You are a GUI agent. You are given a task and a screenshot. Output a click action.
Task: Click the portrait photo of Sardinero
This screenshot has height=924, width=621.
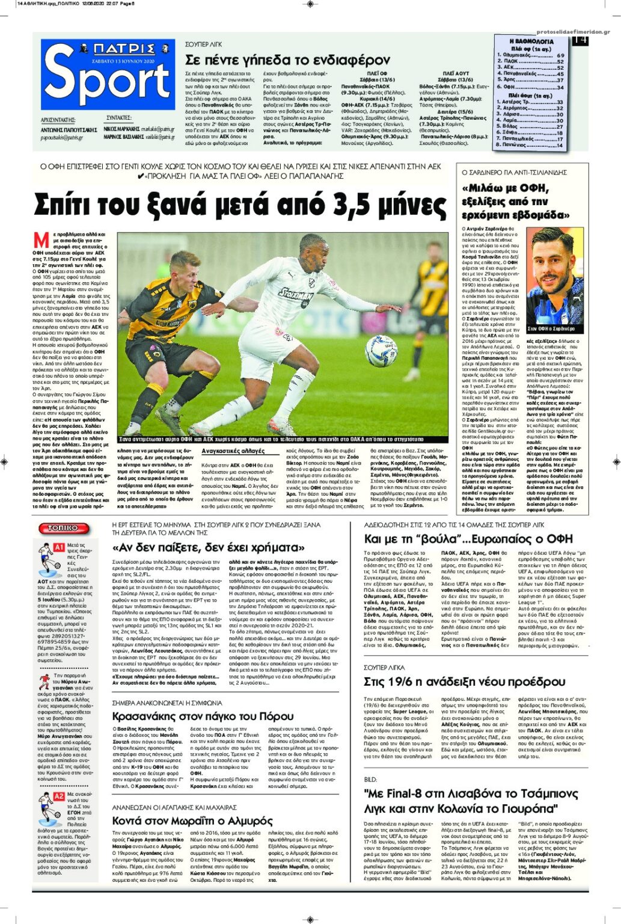555,276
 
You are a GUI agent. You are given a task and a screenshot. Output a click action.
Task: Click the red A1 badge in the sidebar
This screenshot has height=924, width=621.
59,547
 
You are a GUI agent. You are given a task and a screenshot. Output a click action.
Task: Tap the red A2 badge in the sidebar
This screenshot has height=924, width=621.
59,796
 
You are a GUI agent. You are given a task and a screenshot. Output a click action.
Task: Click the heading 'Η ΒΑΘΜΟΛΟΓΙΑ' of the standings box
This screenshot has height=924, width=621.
531,42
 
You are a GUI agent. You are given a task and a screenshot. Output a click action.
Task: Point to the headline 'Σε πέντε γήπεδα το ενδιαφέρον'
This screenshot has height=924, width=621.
287,60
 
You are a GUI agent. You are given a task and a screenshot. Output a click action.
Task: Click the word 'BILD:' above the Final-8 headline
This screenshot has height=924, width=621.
371,780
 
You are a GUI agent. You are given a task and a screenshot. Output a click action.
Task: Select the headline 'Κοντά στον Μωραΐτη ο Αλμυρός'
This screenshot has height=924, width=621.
192,821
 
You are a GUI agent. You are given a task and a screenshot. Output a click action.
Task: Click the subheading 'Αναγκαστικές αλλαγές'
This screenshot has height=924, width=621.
233,451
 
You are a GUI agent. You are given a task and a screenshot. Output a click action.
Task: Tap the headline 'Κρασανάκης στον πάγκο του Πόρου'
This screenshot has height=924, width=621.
203,716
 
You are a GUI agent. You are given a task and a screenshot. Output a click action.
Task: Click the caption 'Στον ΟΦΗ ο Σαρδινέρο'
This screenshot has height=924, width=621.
551,329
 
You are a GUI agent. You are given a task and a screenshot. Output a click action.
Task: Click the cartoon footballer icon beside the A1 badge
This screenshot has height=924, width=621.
44,556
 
